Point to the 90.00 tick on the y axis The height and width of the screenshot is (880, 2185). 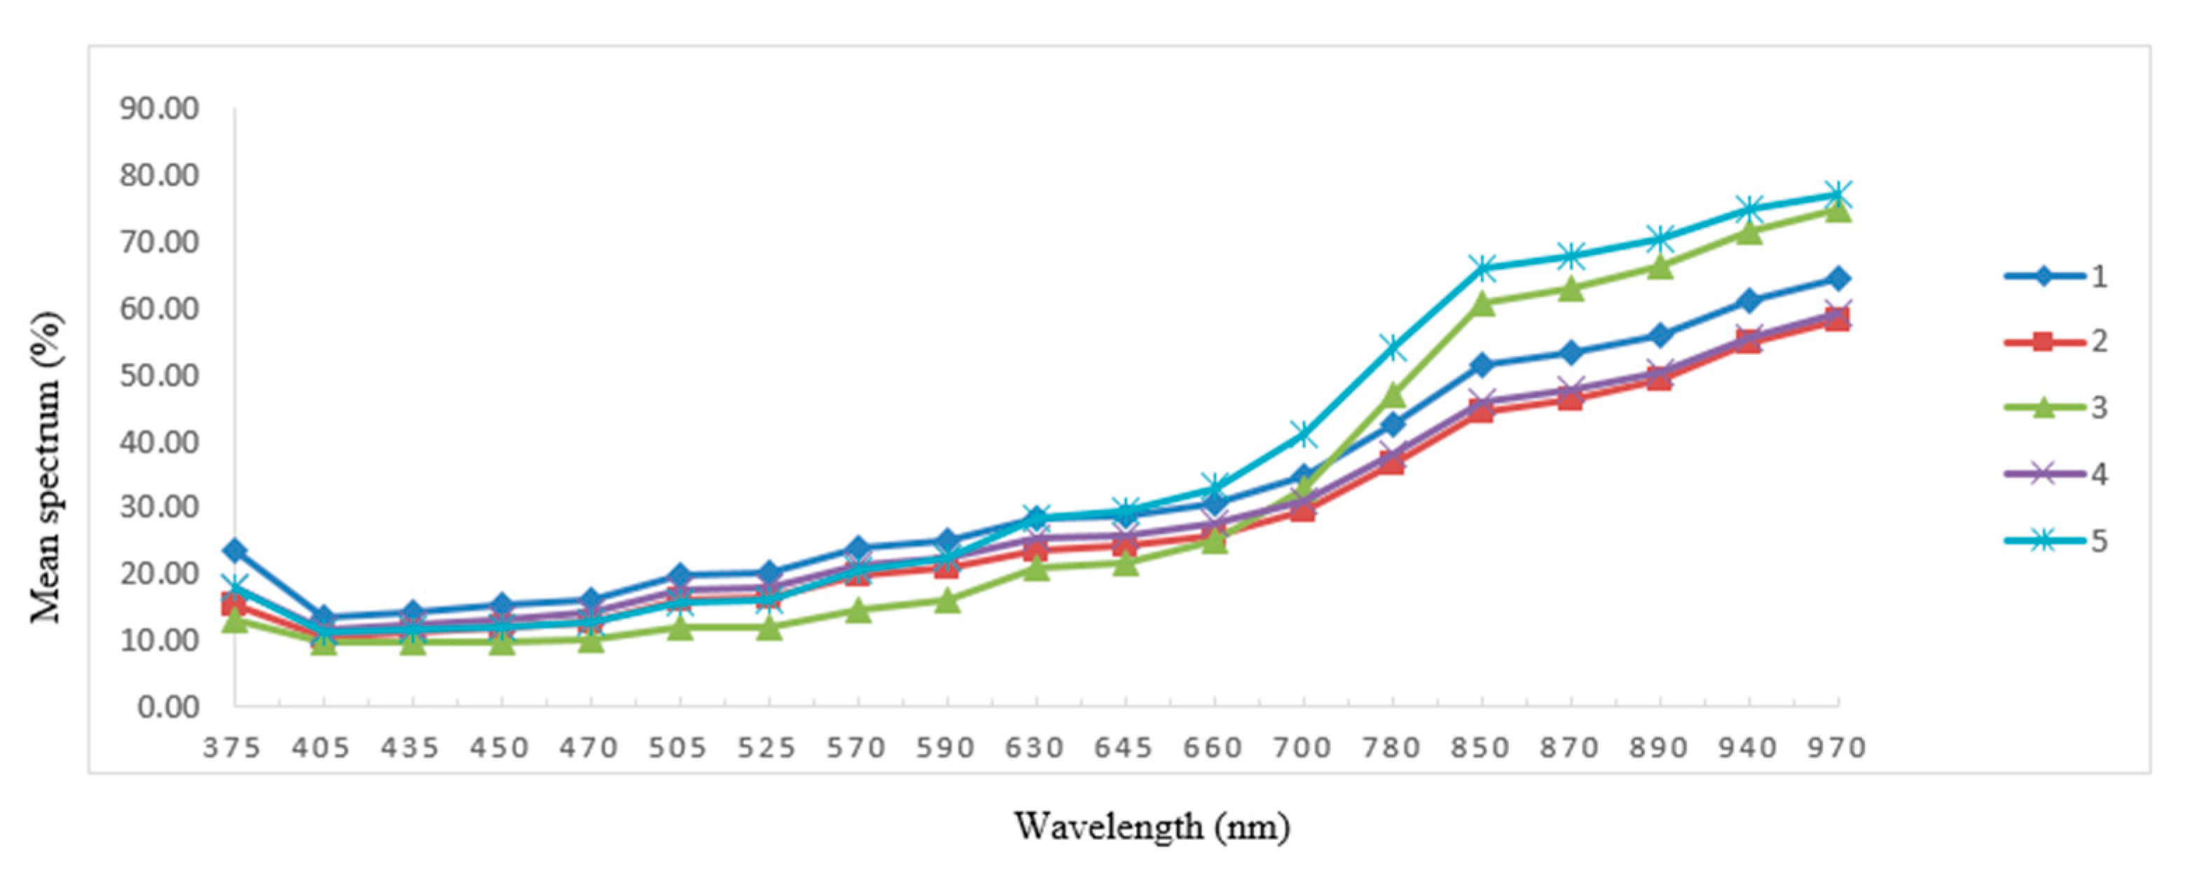coord(160,109)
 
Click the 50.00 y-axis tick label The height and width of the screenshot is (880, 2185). coord(160,375)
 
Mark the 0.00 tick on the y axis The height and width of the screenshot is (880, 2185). coord(168,706)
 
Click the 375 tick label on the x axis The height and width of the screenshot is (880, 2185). coord(233,748)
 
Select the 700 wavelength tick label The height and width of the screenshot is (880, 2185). coord(1302,748)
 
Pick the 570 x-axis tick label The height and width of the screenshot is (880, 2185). coord(857,748)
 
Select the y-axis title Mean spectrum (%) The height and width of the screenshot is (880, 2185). coord(47,467)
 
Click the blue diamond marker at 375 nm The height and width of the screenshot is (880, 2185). coord(235,551)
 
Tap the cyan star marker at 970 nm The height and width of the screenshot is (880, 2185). coord(1838,194)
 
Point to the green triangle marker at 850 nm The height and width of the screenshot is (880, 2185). coord(1482,303)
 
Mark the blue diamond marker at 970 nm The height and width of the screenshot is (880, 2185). coord(1838,278)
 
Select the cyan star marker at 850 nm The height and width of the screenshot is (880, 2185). coord(1482,268)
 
